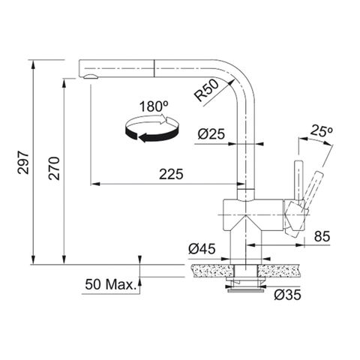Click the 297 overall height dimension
tap(23, 162)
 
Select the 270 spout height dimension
tap(54, 169)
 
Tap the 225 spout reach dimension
tap(171, 174)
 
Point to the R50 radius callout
tap(206, 91)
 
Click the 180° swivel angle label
tap(154, 106)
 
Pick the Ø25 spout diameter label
tap(211, 133)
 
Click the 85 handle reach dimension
tap(322, 236)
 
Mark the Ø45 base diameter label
tap(202, 249)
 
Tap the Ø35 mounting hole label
tap(287, 295)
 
